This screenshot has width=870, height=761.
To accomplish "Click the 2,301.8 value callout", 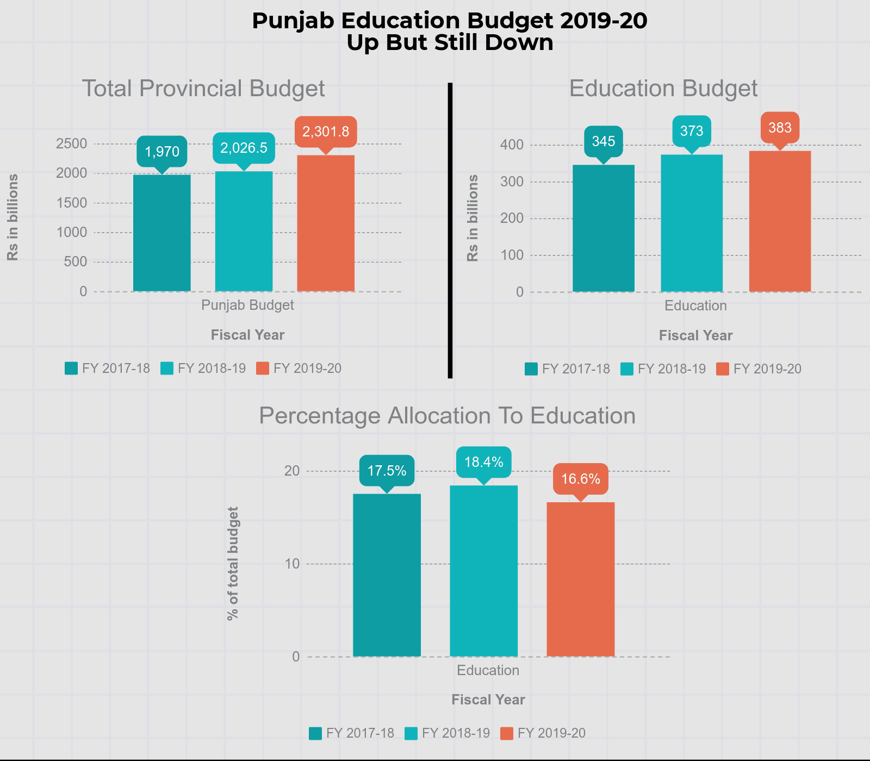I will point(326,132).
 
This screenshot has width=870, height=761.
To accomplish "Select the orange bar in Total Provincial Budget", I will point(326,223).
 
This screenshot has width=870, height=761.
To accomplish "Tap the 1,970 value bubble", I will point(162,151).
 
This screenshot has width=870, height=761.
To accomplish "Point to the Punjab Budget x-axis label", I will point(247,305).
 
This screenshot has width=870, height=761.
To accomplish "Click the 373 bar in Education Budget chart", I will point(692,223).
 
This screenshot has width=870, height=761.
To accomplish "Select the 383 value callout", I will point(780,128).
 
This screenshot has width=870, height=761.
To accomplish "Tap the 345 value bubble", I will point(604,141).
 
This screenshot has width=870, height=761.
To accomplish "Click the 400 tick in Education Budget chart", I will point(512,145).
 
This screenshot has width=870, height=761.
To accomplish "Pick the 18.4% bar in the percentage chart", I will point(484,571).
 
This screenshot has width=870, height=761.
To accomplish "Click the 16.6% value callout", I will point(581,479).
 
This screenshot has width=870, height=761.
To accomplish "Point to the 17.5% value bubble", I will point(387,471).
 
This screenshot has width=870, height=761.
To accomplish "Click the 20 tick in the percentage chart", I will point(292,471).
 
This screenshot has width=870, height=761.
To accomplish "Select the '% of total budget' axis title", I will point(233,564).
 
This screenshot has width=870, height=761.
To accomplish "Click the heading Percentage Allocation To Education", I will point(447,416).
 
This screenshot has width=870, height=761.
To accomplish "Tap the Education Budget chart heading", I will point(663,89).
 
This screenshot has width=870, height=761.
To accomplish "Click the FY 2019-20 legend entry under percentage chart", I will point(544,733).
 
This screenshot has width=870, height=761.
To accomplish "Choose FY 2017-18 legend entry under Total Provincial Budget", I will point(108,369).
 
